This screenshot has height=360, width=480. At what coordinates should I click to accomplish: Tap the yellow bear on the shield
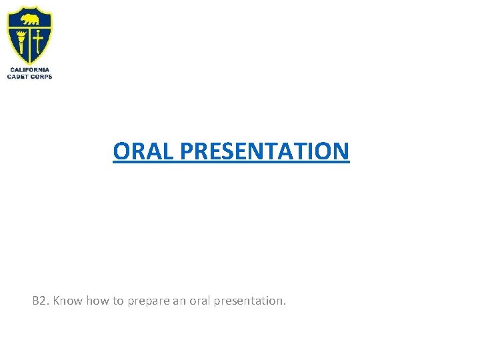29,19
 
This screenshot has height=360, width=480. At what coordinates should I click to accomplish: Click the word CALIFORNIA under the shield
29,70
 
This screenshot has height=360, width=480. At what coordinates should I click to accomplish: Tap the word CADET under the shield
18,77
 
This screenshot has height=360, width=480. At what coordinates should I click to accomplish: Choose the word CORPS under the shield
41,77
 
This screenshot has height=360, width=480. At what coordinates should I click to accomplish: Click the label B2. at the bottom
41,301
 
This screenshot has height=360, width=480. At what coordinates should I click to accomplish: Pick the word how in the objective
97,301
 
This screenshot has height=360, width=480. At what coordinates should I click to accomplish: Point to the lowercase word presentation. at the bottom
251,301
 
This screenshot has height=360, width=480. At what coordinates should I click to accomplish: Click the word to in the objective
118,301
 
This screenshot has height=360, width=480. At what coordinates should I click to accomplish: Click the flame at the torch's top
22,31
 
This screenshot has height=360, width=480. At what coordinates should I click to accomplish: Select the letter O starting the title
121,151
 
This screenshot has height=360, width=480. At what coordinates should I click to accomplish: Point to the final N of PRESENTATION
341,151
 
